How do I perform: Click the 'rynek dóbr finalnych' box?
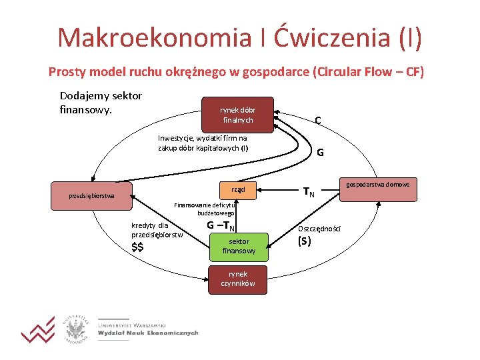(x=238, y=115)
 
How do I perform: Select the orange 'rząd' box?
(x=238, y=189)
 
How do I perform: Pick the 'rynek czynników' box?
(x=238, y=279)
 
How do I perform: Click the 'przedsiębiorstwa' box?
(x=92, y=196)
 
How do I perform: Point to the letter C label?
(x=319, y=121)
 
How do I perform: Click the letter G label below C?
(x=320, y=152)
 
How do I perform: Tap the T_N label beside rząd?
(x=309, y=193)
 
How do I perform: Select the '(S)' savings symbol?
(x=304, y=241)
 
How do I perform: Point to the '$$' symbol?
(x=138, y=248)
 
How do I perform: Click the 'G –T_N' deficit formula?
(x=221, y=225)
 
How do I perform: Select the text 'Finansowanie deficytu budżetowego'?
(x=204, y=209)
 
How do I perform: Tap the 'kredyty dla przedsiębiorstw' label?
(x=157, y=230)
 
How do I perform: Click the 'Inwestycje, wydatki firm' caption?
(x=203, y=143)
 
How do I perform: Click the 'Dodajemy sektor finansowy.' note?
(x=101, y=101)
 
